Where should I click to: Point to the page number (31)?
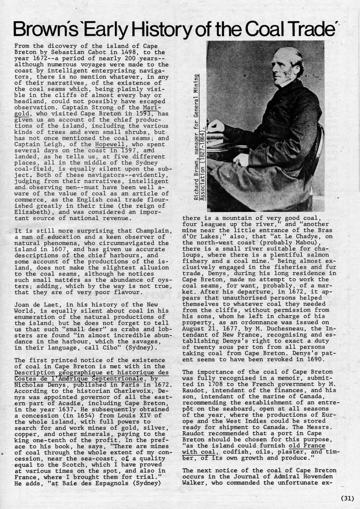(x=347, y=499)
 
